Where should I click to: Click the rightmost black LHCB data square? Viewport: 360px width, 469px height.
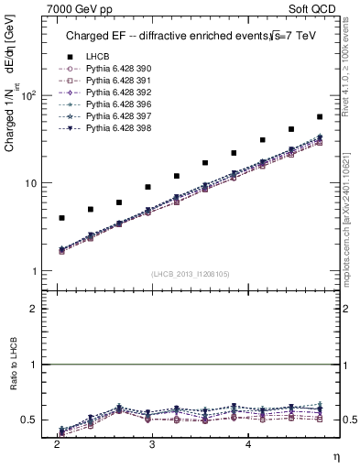tap(320, 117)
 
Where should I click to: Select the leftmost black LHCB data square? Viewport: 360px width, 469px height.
tap(61, 218)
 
